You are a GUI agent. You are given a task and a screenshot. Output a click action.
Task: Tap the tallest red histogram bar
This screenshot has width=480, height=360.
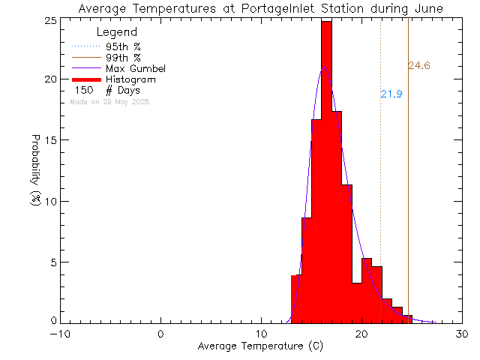326,172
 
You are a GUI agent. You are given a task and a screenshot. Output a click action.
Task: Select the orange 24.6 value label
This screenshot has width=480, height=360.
419,66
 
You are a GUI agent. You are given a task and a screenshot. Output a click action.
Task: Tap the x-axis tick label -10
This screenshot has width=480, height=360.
61,334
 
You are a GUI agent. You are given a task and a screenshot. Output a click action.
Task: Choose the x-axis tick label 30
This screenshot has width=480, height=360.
462,334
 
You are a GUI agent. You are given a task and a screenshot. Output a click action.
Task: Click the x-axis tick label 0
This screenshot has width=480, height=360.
161,334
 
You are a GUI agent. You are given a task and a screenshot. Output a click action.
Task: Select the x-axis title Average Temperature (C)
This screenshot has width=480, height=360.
260,346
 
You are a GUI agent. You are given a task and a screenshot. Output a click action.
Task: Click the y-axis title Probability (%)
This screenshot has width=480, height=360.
36,171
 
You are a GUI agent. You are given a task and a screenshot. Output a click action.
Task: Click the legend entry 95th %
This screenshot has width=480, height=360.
123,46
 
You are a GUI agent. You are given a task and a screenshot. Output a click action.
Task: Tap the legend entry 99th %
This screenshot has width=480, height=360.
123,57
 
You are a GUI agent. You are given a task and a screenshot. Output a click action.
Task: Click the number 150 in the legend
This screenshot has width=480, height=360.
84,90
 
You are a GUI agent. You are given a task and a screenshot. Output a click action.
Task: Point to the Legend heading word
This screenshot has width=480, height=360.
117,32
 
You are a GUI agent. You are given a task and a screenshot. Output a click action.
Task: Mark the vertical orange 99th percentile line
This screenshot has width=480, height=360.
408,187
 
